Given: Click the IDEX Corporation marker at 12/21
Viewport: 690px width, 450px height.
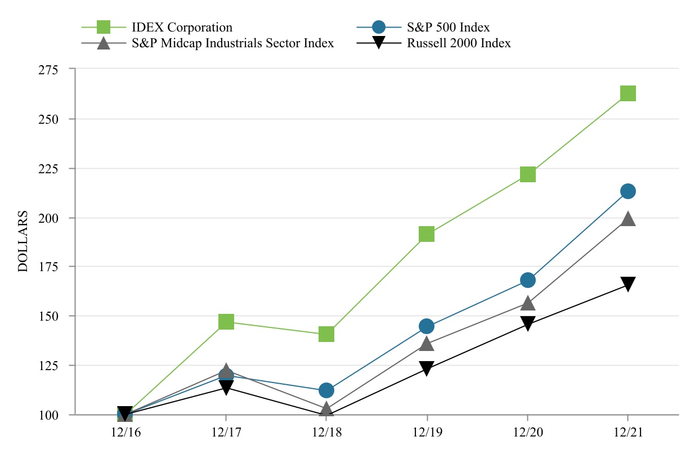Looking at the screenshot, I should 628,93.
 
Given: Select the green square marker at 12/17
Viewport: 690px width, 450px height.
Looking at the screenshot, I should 226,322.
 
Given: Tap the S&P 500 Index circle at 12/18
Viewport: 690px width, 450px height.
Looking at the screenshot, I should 326,390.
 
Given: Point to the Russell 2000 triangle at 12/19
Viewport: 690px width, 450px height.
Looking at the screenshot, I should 427,369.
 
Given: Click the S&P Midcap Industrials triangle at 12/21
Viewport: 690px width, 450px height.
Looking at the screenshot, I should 628,219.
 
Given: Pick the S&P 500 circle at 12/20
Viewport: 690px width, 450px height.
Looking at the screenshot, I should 527,280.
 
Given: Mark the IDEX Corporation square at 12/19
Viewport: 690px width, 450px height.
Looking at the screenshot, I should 427,234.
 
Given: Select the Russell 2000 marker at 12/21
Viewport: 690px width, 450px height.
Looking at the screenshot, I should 628,284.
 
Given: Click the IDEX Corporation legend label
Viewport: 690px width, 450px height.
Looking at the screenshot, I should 182,27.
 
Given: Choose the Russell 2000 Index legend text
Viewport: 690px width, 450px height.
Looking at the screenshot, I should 459,43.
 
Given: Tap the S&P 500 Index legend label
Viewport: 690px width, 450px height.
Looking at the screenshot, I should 448,27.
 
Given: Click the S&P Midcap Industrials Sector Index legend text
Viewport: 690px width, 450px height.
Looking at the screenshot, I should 232,43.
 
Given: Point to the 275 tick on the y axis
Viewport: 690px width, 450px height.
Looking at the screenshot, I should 56,70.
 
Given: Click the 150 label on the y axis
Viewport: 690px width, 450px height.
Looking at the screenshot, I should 56,316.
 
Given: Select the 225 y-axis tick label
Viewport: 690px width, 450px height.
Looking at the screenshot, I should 56,168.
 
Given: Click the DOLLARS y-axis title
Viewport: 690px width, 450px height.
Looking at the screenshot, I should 23,242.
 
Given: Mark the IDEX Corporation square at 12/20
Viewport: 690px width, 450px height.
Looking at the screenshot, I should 527,174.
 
